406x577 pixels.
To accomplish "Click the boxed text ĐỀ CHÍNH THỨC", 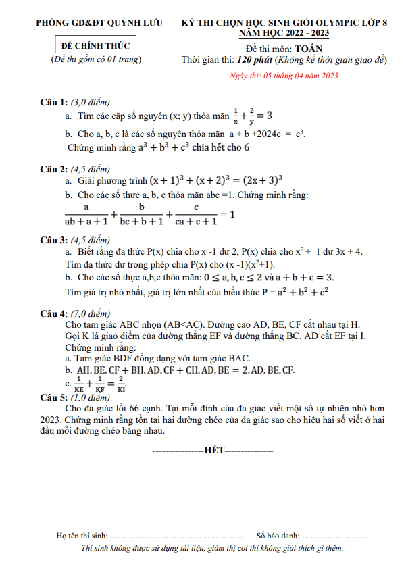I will (96, 46).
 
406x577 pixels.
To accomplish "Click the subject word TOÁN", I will (309, 49).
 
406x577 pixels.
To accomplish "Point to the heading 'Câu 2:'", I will (54, 168).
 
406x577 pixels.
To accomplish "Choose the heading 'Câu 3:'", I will (54, 239).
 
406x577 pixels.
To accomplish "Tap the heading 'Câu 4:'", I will (54, 313).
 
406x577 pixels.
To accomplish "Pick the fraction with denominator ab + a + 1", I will (86, 214).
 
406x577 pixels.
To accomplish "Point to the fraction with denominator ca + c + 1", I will (195, 214).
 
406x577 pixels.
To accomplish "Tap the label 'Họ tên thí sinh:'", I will (82, 536).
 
